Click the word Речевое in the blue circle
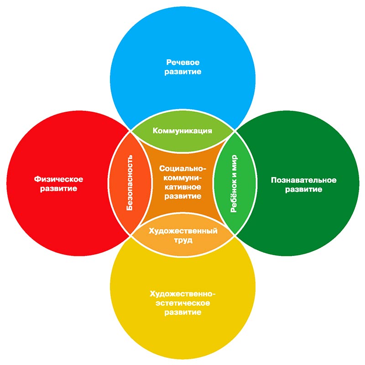pos(182,62)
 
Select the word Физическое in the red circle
pos(55,178)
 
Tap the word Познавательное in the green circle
pos(303,180)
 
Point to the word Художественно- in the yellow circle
pos(182,293)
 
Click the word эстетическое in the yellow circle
pos(182,303)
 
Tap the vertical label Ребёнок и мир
pos(234,182)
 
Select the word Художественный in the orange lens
pos(182,230)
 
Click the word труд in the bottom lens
pos(182,240)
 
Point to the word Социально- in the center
pos(182,168)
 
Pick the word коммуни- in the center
pos(182,177)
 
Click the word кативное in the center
pos(182,187)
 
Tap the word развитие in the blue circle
pos(182,72)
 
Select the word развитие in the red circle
pos(55,188)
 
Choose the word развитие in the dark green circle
pos(303,190)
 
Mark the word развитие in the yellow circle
pos(182,313)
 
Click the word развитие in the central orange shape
pos(182,196)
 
